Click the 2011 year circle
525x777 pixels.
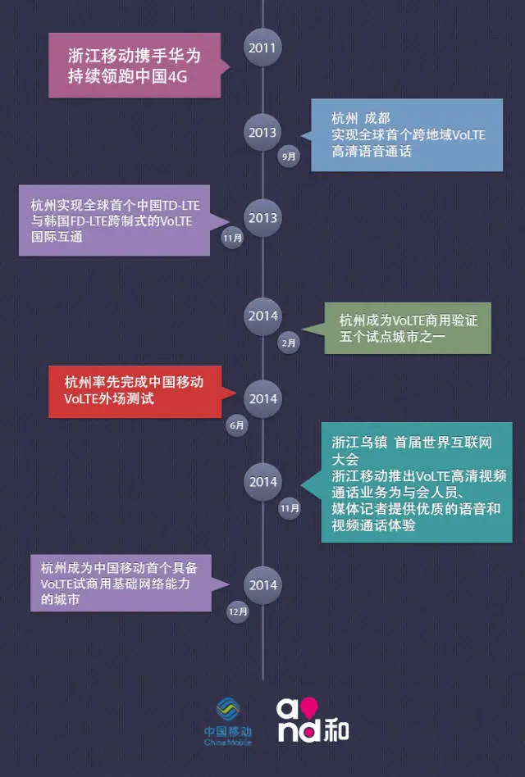[262, 48]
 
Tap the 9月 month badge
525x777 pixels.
[289, 155]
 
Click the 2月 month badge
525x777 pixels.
[289, 343]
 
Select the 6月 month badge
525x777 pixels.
[237, 425]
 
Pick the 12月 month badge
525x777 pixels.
[238, 611]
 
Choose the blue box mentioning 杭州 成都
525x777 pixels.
[406, 134]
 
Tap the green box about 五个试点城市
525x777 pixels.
[408, 329]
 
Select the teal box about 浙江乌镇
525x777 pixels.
[417, 482]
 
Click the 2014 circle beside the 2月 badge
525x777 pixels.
[263, 316]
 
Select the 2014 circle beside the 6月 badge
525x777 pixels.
[263, 398]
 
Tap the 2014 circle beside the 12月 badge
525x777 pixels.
[263, 584]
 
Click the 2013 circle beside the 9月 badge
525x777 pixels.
[263, 132]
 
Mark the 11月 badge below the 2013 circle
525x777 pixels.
[232, 239]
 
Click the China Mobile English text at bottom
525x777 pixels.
[228, 743]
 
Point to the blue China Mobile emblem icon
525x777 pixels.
[228, 709]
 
